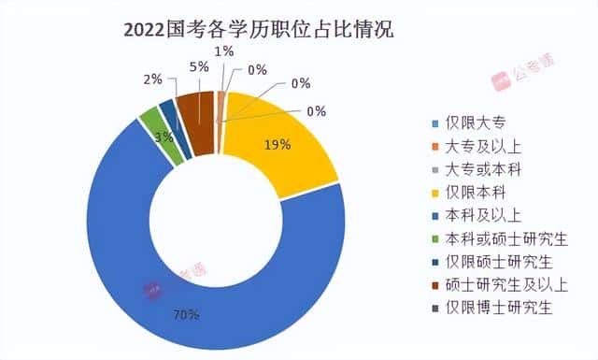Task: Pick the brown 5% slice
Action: pyautogui.click(x=198, y=111)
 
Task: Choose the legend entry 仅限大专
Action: pyautogui.click(x=477, y=122)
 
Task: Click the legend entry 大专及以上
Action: pyautogui.click(x=483, y=146)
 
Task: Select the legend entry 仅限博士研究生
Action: pyautogui.click(x=496, y=307)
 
